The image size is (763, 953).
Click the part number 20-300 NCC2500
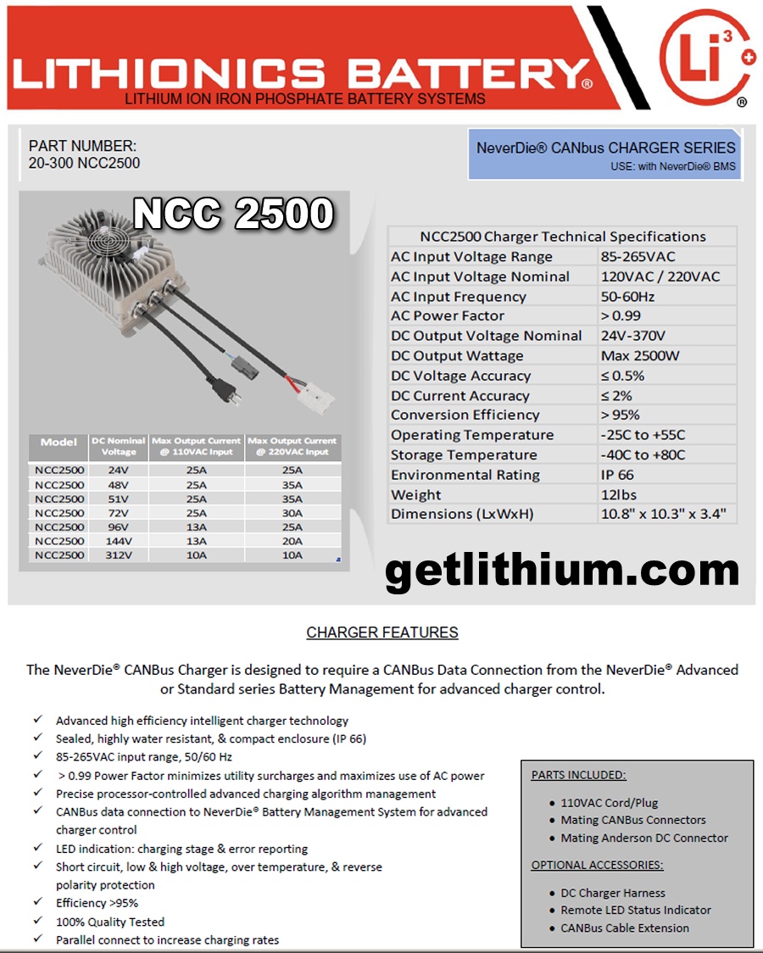[85, 163]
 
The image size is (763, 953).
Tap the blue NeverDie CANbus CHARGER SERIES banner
[605, 154]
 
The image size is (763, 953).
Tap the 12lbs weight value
[619, 494]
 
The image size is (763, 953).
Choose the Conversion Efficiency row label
[465, 415]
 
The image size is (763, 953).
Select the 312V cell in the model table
[119, 555]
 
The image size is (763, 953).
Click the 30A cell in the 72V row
[292, 513]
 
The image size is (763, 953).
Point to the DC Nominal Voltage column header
[119, 446]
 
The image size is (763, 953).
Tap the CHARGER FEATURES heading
[382, 633]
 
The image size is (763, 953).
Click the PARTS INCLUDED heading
[579, 775]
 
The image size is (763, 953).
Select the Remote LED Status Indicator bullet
[636, 910]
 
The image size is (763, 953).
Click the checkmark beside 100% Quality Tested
[38, 921]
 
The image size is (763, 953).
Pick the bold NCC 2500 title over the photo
[233, 215]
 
